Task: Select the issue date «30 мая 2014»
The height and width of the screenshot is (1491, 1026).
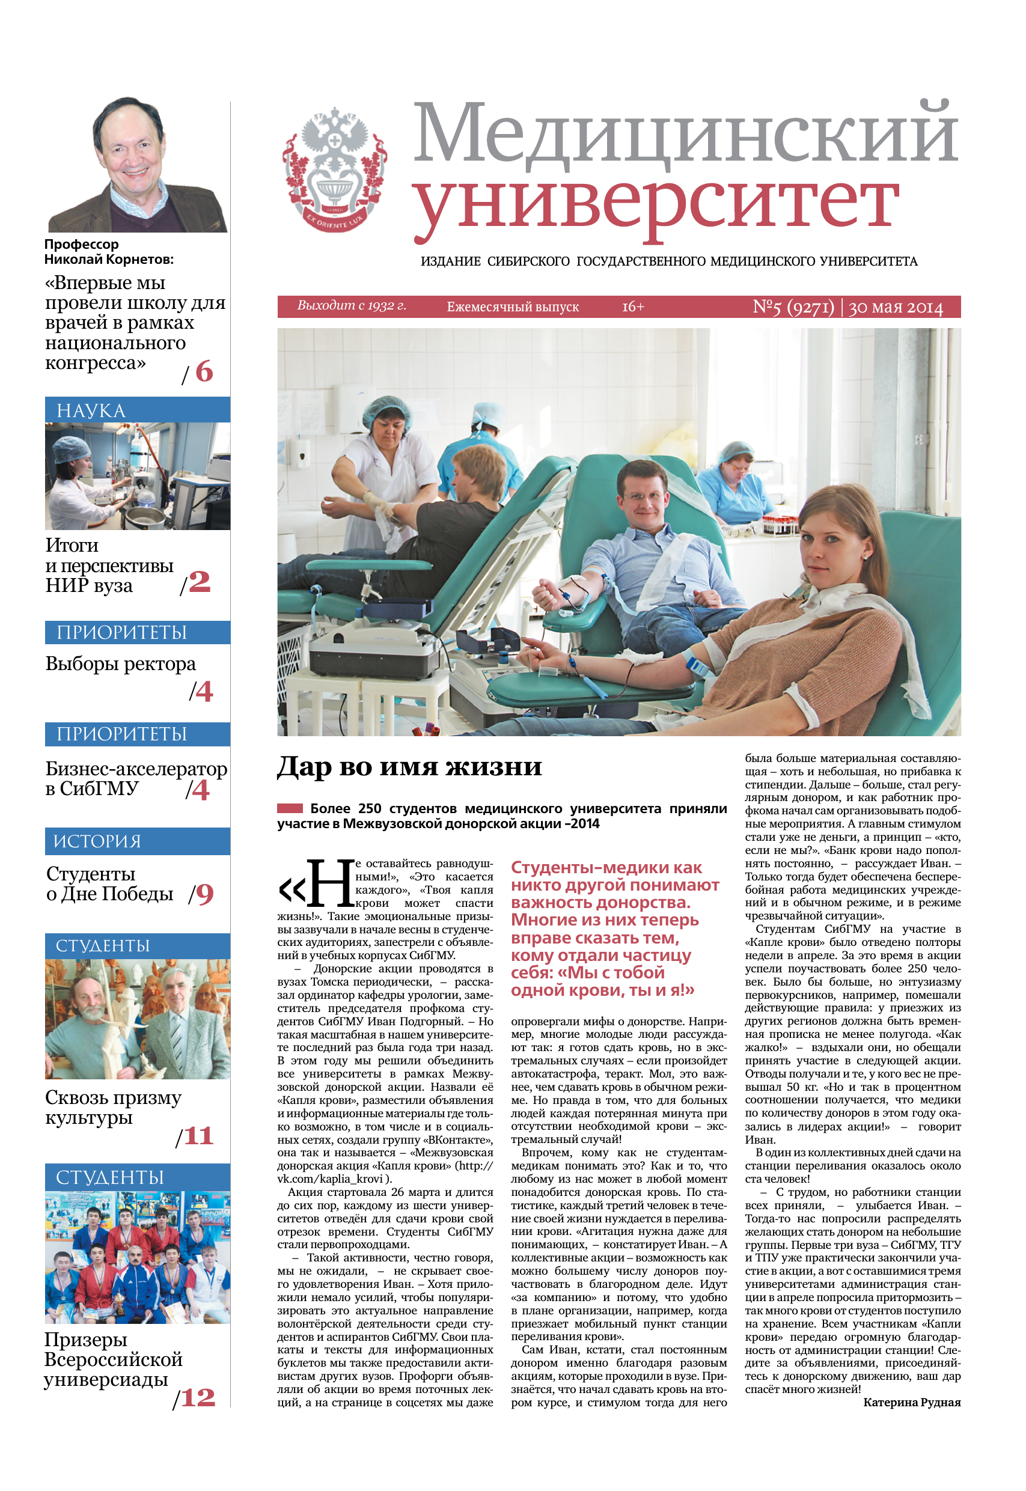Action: pos(896,308)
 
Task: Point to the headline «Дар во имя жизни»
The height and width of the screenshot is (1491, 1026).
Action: pos(409,767)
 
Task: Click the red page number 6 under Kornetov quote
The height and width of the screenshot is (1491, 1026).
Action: pos(204,372)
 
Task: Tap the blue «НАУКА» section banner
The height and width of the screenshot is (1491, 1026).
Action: pos(137,410)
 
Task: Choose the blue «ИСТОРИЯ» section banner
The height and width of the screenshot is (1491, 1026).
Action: pos(137,841)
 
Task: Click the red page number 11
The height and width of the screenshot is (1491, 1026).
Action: pos(198,1136)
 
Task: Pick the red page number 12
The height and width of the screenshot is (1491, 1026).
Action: pos(198,1398)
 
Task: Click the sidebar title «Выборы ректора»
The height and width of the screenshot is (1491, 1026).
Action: pos(120,664)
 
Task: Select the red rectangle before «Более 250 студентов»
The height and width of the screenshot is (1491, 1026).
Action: pos(289,808)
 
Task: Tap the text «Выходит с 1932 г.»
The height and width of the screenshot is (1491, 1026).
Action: pos(352,306)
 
